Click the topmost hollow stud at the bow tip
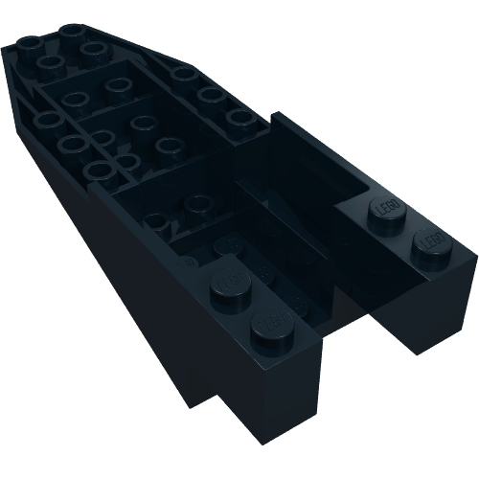click(x=73, y=31)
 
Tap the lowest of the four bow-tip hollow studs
click(x=51, y=64)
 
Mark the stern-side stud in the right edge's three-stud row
click(x=239, y=118)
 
